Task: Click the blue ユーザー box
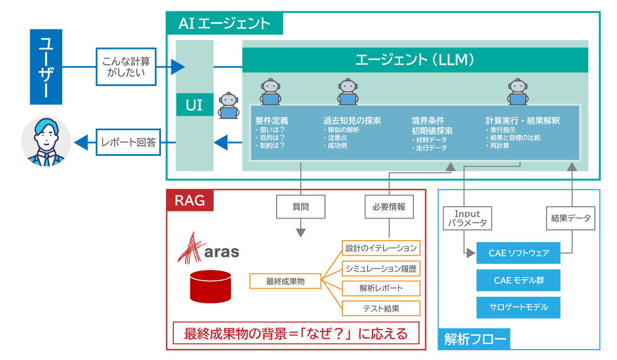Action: (x=46, y=67)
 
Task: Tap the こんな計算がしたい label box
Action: (x=126, y=66)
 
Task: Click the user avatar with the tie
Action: (x=46, y=142)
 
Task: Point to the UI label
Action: (x=194, y=105)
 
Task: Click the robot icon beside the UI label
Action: (x=228, y=105)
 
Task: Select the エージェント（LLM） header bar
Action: (x=415, y=60)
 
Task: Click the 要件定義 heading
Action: (x=272, y=121)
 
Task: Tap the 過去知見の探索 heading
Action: (x=352, y=121)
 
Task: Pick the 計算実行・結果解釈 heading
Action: (x=523, y=121)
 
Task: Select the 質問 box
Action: (x=301, y=207)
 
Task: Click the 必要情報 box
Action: (x=389, y=207)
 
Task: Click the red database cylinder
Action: (x=210, y=286)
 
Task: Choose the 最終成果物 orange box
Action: (x=285, y=281)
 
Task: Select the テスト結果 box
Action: (x=381, y=308)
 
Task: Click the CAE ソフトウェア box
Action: (x=518, y=253)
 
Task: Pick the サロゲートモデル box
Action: (x=518, y=307)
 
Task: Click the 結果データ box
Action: (x=570, y=218)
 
